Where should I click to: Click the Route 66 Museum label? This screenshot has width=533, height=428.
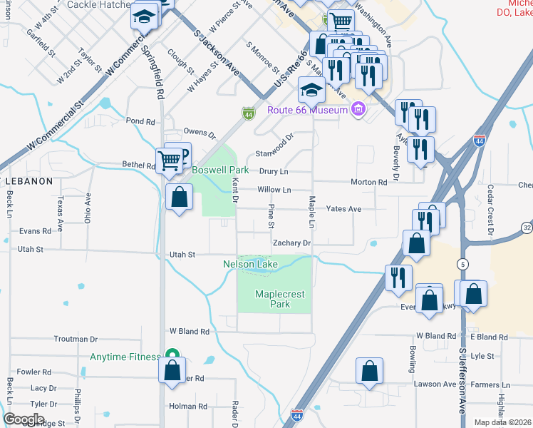(x=307, y=110)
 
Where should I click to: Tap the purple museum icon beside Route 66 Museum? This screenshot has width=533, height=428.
(x=358, y=109)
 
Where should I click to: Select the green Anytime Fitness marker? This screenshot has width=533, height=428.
(x=171, y=354)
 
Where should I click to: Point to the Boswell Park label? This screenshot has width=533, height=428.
(x=220, y=170)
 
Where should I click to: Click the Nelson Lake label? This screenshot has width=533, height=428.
(x=250, y=265)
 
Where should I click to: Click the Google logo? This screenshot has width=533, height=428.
(x=24, y=419)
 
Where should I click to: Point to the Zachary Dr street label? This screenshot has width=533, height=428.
(x=292, y=243)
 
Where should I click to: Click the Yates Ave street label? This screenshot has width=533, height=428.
(x=343, y=209)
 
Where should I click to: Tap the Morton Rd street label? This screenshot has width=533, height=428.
(x=368, y=182)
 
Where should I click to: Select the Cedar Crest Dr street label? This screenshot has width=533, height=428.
(x=490, y=210)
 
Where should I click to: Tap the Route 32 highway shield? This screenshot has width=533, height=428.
(x=527, y=228)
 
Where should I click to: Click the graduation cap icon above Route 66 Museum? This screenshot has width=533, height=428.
(x=311, y=90)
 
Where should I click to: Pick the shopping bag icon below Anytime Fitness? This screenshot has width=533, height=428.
(x=172, y=370)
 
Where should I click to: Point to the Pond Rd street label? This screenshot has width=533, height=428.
(x=140, y=121)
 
